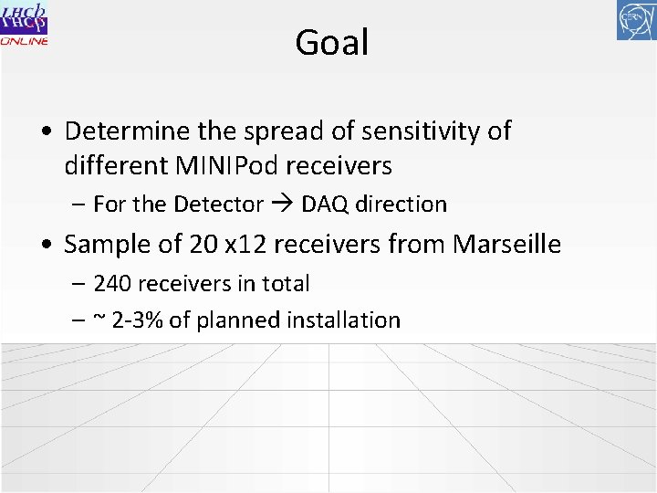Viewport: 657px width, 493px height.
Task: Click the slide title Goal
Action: [x=331, y=43]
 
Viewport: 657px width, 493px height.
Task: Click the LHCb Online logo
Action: [x=25, y=24]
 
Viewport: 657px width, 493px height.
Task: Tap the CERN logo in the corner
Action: [x=636, y=21]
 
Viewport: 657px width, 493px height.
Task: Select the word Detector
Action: [x=222, y=205]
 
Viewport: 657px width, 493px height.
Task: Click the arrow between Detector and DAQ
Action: [x=283, y=205]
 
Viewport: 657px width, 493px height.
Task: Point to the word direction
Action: [x=401, y=205]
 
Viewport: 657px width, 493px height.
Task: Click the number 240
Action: [x=112, y=284]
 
